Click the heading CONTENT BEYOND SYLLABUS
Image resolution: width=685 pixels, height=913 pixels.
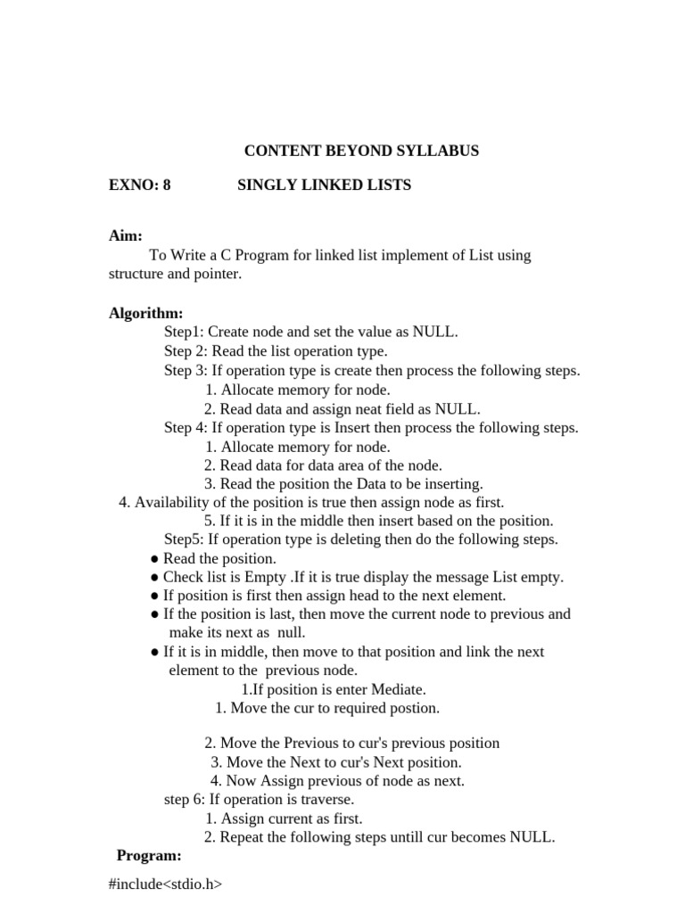coord(361,151)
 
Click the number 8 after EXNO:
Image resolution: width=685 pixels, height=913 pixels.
coord(167,185)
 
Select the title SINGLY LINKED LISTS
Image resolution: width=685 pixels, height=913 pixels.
coord(324,185)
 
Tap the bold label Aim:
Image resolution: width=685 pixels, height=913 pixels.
coord(126,236)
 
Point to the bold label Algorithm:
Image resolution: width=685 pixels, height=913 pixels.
coord(146,314)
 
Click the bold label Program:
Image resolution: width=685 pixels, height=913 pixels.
coord(149,856)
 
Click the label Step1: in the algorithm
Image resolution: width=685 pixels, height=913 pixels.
coord(184,333)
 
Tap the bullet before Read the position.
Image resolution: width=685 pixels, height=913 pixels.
coord(155,559)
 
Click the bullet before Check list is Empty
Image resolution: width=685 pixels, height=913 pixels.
coord(155,578)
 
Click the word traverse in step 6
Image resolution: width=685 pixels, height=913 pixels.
coord(327,800)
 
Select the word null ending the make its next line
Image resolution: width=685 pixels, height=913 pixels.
coord(291,632)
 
